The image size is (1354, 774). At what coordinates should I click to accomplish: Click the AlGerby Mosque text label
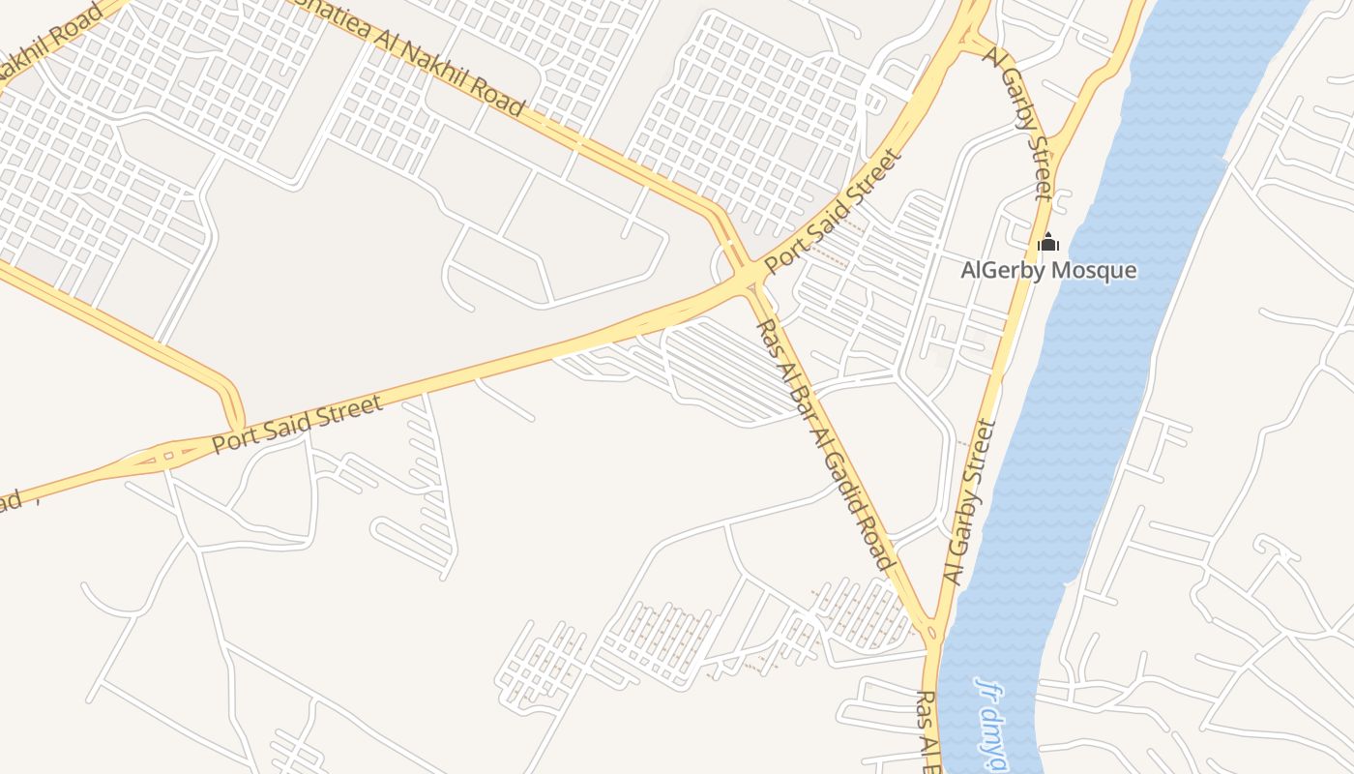[1048, 270]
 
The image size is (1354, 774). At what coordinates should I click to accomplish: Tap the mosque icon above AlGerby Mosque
[1048, 243]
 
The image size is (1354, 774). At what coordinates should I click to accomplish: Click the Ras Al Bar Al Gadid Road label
[825, 444]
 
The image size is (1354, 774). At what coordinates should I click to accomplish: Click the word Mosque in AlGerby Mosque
[1095, 270]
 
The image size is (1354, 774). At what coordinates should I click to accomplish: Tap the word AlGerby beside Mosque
[1003, 270]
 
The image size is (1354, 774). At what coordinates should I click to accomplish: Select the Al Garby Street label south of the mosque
[970, 502]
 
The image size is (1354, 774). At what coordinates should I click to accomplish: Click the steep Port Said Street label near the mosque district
[834, 210]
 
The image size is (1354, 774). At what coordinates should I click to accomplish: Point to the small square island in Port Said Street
[169, 453]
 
